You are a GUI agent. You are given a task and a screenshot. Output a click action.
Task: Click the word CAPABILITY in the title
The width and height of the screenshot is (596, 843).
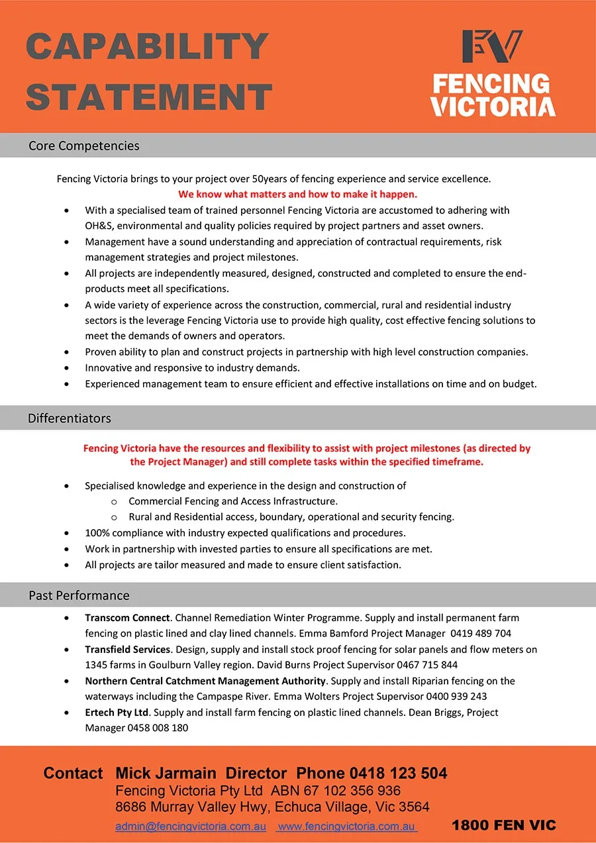pos(147,46)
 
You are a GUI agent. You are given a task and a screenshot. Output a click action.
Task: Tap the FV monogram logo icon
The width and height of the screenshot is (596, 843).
pos(492,47)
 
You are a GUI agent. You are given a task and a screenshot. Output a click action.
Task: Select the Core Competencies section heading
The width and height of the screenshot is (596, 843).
pos(83,146)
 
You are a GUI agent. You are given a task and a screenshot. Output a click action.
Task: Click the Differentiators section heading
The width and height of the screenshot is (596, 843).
pos(69,419)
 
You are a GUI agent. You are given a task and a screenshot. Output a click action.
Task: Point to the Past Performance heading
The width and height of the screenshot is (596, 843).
pos(79,595)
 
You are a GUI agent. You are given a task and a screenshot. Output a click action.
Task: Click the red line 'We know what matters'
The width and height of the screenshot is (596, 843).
pos(297,195)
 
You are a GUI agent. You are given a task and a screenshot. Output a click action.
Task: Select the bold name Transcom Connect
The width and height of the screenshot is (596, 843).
pos(127,618)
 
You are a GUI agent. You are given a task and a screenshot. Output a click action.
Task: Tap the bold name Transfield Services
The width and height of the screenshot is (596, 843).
pos(127,650)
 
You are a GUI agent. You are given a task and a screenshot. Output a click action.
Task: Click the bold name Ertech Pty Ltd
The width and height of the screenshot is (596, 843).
pos(117,713)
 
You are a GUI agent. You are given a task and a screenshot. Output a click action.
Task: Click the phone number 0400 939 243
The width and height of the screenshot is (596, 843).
pos(456,697)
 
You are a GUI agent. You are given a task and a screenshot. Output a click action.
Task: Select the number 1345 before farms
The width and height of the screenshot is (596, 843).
pos(97,665)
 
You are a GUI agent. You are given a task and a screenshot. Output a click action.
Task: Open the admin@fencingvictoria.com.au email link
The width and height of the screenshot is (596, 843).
pos(191,826)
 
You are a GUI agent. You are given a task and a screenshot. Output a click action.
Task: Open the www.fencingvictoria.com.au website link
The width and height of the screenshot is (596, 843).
pos(346,826)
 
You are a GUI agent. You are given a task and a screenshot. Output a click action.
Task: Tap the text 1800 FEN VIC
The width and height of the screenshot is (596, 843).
pos(503,825)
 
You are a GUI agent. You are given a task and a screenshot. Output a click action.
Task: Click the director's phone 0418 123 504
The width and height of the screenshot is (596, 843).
pos(398,773)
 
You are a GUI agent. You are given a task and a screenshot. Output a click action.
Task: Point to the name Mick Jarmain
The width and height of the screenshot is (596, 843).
pos(166,773)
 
